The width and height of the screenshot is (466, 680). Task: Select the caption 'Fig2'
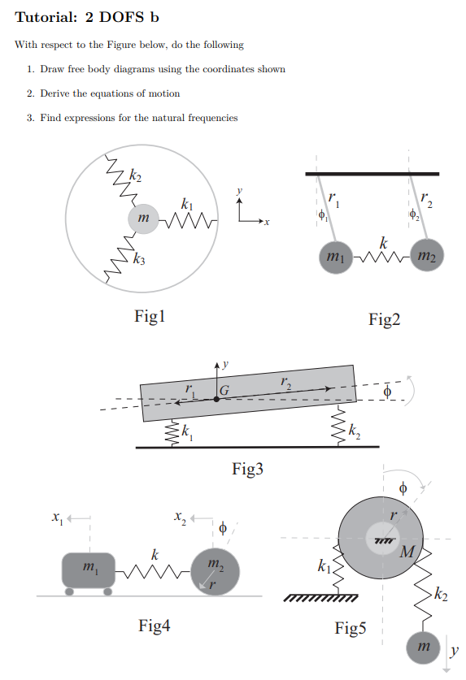(385, 320)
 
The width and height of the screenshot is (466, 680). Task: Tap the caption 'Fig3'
(247, 469)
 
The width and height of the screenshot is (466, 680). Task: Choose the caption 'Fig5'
(351, 628)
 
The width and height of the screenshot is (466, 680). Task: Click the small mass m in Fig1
(144, 219)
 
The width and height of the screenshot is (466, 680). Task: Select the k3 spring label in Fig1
(140, 260)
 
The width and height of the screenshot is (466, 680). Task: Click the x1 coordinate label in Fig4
(56, 517)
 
